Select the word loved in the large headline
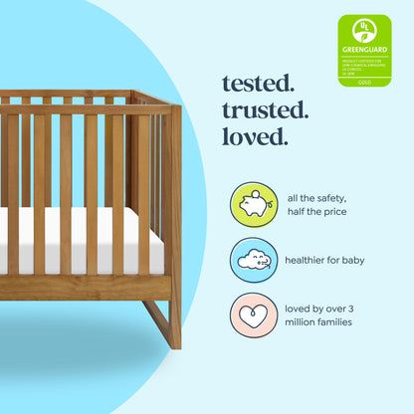click(x=254, y=135)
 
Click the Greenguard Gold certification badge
click(x=364, y=50)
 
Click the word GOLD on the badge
click(x=364, y=81)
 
